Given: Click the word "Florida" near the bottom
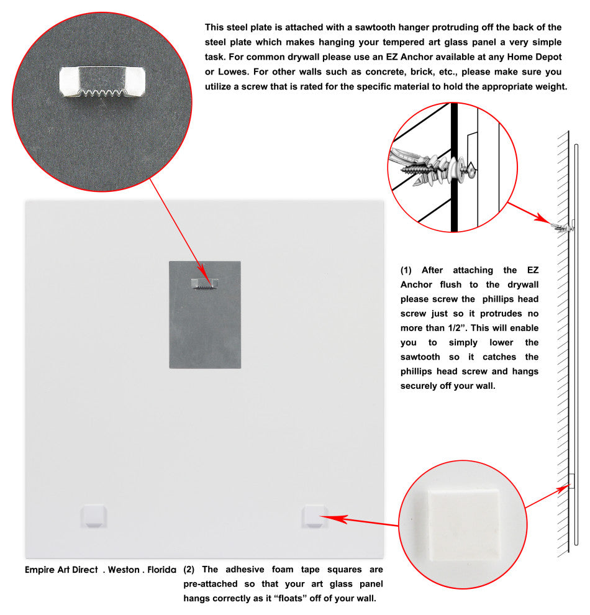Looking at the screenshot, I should (161, 569).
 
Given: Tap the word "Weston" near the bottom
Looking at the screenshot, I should (124, 569).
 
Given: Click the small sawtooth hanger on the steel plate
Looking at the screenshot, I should (205, 283).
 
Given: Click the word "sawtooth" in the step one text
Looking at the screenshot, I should (420, 357).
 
